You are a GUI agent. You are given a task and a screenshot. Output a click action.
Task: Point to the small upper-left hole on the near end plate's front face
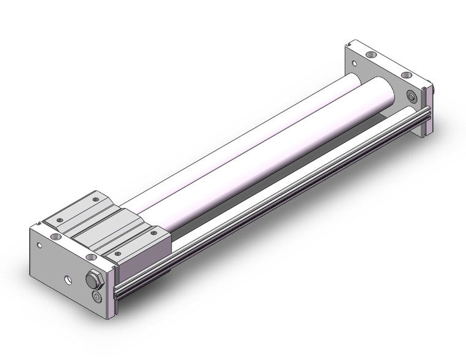[40, 247]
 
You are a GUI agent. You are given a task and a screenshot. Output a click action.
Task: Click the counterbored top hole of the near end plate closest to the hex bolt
[91, 256]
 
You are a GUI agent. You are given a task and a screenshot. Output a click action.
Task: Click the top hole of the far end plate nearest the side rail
[407, 76]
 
